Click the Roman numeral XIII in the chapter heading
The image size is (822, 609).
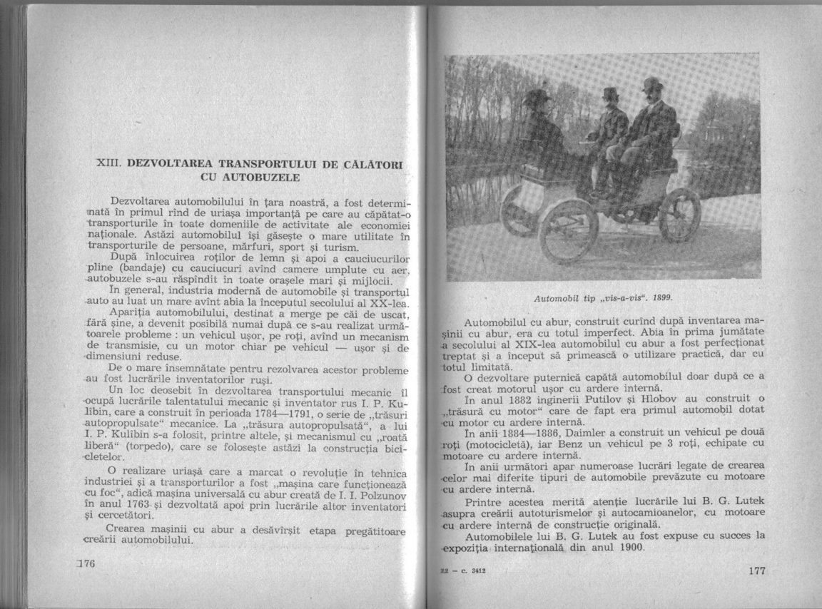tap(107, 163)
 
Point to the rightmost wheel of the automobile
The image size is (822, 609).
tap(680, 215)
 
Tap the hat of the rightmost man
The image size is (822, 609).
tap(651, 84)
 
